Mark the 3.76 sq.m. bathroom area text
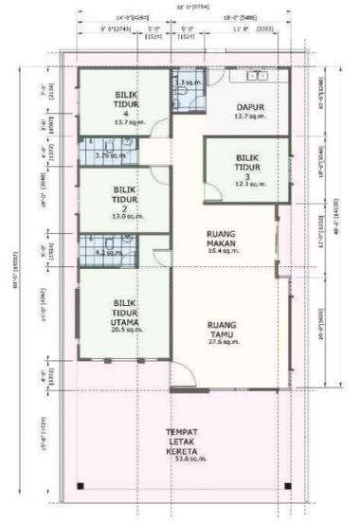[110, 155]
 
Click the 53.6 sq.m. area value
[181, 471]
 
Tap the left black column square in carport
[81, 486]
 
